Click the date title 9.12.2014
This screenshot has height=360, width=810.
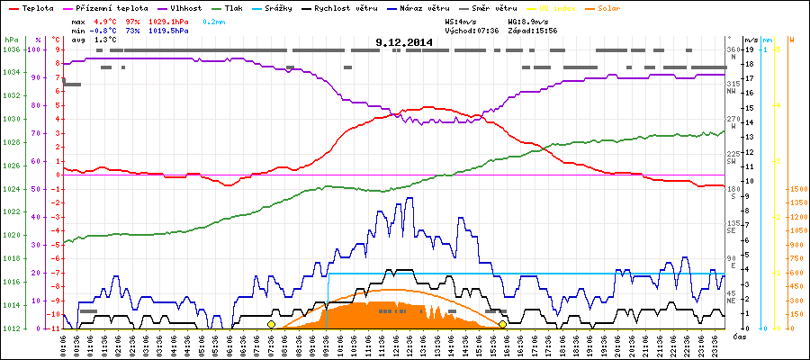coord(404,41)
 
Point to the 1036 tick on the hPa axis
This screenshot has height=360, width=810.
coord(11,49)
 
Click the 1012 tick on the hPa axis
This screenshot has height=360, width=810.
coord(11,328)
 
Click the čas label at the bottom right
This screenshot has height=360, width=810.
coord(738,337)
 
